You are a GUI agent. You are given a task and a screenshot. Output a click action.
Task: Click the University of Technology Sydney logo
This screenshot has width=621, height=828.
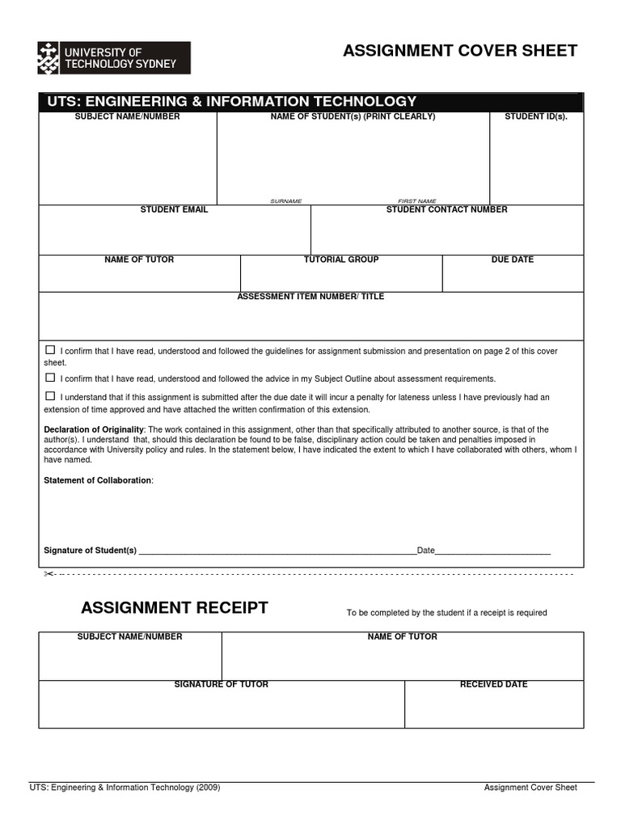coord(114,58)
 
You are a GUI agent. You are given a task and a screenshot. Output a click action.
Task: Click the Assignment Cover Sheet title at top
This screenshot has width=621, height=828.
coord(460,52)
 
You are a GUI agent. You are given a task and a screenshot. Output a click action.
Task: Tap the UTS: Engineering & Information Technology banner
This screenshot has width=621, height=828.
coord(231,102)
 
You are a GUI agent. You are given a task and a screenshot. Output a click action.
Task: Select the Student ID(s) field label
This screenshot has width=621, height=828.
coord(536,116)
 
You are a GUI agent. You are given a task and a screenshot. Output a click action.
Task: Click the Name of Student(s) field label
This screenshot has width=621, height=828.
coord(353,116)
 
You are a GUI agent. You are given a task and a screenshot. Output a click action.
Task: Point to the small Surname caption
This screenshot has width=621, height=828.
coord(285,201)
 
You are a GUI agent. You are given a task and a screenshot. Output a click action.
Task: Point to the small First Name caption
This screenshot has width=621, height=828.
coord(416,201)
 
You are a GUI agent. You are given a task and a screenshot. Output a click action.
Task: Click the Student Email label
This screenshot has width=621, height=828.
coord(174,209)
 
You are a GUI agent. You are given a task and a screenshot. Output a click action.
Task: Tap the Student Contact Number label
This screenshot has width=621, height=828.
coord(446,209)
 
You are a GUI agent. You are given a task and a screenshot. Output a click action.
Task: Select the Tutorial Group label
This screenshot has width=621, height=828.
coord(341,260)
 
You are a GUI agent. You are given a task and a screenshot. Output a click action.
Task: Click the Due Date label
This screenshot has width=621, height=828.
coord(513,260)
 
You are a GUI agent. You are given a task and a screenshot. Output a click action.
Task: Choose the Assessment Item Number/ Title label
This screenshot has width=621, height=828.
coord(310,297)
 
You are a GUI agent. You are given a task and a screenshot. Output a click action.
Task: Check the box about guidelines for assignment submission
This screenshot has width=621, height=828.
coord(50,350)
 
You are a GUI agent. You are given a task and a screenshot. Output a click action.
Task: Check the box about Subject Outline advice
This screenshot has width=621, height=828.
coord(50,378)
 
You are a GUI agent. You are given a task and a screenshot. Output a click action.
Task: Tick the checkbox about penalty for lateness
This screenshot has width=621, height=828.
coord(50,396)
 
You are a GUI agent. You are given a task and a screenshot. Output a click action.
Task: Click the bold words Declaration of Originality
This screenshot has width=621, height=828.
coord(94,429)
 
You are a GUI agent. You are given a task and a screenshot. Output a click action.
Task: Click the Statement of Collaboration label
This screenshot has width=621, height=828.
coord(98,480)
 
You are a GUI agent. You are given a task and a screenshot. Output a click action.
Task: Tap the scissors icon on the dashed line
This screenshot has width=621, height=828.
coord(48,574)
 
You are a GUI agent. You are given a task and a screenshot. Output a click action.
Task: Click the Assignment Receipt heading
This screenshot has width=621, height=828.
coord(175,608)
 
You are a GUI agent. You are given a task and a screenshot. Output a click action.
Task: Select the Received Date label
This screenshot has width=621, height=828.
coord(493,684)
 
